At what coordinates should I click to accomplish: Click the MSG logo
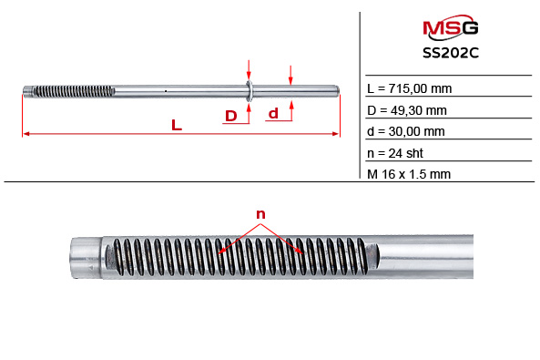pos(451,27)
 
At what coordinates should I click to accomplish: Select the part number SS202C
pos(451,53)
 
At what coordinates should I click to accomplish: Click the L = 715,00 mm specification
pos(410,88)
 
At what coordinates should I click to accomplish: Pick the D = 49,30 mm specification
pos(407,110)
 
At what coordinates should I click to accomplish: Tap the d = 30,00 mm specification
pos(406,131)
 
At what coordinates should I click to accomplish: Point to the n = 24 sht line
pos(395,153)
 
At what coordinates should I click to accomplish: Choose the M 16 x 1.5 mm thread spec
pos(409,174)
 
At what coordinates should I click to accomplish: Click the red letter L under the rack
pos(177,125)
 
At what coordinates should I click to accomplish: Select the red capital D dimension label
pos(230,116)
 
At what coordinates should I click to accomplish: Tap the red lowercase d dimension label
pos(273,113)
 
